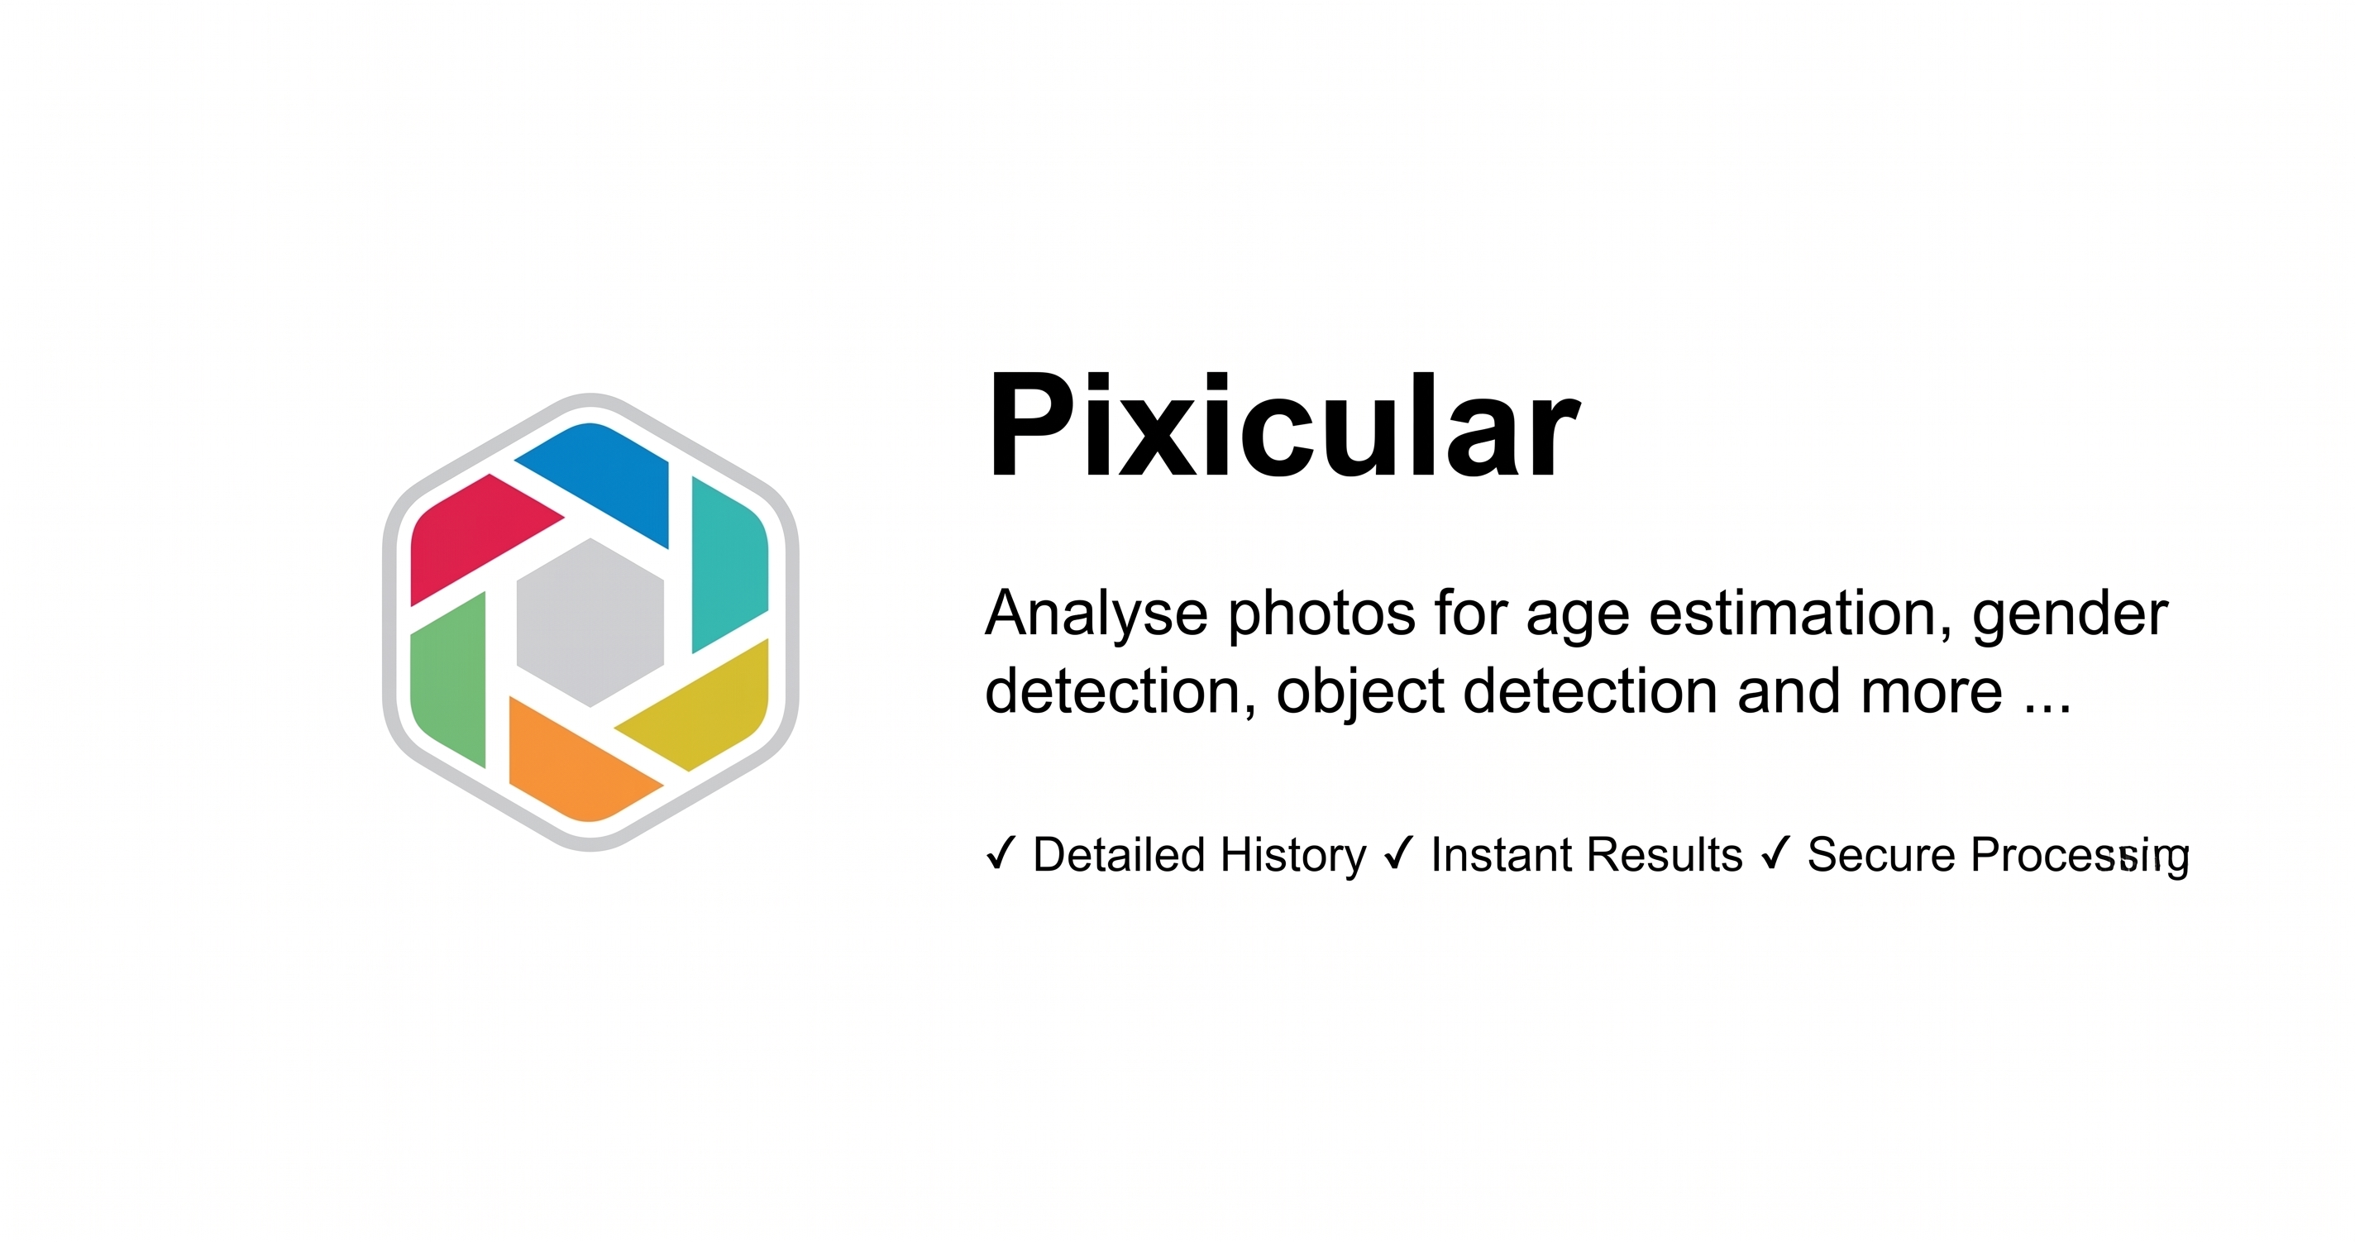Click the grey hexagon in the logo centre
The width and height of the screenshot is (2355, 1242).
click(590, 622)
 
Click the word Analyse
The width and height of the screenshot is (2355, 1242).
click(1096, 614)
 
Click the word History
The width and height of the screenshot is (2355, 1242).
click(1292, 857)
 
